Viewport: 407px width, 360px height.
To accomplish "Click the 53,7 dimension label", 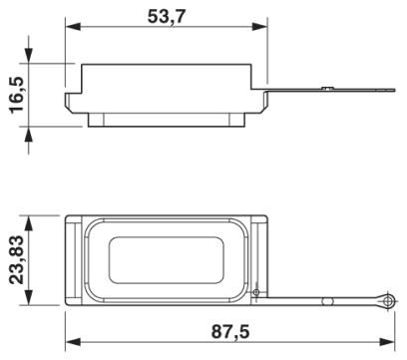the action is [167, 16].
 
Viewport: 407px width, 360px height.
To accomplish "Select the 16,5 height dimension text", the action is [17, 95].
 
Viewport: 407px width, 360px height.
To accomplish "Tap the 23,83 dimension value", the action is [17, 260].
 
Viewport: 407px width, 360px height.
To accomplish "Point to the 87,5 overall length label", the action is [230, 331].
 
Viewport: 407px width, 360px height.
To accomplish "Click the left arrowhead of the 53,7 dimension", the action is [73, 26].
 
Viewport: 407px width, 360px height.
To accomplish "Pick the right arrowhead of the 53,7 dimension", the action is [259, 26].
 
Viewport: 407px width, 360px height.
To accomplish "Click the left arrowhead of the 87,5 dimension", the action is [73, 342].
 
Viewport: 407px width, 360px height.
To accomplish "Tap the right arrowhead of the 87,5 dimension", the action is [387, 342].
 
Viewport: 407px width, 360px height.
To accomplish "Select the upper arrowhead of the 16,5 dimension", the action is [29, 55].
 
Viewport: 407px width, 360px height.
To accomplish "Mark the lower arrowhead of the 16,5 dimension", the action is [29, 135].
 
